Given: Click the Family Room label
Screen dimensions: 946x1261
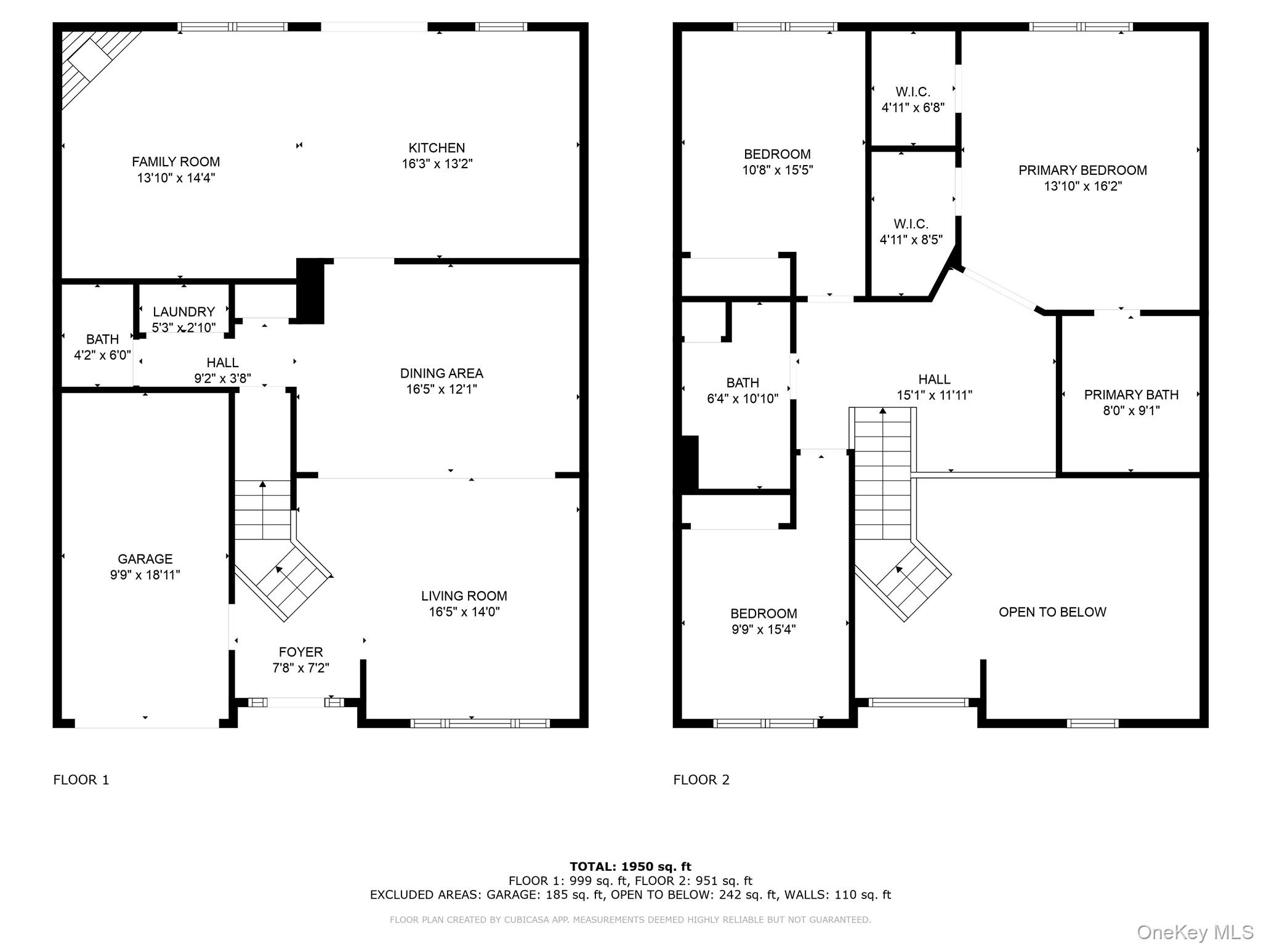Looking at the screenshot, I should coord(175,162).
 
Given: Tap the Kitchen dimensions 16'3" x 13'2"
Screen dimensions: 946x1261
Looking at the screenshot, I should coord(437,164).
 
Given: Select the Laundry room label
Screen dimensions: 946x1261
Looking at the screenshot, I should coord(183,312).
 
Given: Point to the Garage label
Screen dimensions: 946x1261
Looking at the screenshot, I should coord(145,559).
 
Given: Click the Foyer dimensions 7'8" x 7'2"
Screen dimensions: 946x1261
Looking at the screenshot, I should coord(300,668).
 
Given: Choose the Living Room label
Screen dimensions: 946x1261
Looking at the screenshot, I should coord(464,596).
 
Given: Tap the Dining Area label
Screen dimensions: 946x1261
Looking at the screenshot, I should coord(441,373).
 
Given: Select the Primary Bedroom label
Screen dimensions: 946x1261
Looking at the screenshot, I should coord(1082,170).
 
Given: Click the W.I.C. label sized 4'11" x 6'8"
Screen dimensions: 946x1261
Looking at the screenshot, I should coord(913,92).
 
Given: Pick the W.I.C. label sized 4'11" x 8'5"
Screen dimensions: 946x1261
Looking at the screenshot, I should coord(911,224).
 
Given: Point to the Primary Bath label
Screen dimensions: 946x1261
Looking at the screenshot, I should coord(1131,395).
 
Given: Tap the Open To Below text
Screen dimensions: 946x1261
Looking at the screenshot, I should coord(1052,612).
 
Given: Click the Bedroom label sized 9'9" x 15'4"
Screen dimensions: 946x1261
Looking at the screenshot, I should coord(763,613).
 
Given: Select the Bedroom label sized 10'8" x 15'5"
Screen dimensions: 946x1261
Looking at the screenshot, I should coord(777,154).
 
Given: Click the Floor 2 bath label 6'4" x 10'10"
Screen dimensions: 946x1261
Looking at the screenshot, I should coord(743,382).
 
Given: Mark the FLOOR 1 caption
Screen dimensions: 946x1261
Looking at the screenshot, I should coord(81,780).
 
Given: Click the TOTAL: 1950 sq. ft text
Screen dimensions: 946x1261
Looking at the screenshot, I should coord(630,867).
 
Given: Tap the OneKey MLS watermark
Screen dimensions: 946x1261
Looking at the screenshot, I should coord(1195,932).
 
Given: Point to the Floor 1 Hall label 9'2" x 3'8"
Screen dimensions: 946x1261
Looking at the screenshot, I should coord(222,363).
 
